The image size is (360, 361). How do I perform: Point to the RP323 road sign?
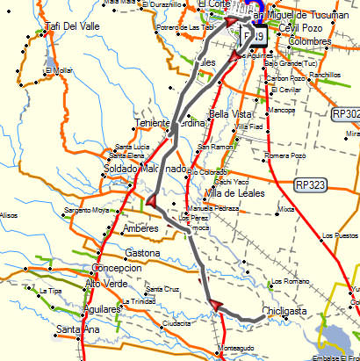(311, 184)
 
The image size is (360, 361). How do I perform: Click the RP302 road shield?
(346, 114)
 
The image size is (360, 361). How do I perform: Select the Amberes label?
(140, 228)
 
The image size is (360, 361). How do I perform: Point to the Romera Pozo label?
(284, 155)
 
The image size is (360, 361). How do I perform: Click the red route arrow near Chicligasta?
(214, 304)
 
